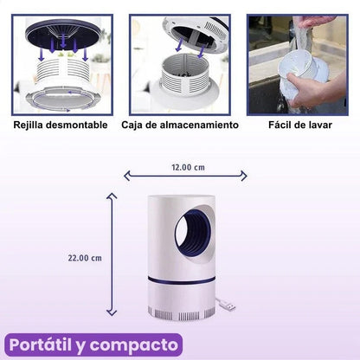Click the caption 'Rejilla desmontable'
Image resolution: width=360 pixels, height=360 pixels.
point(61,125)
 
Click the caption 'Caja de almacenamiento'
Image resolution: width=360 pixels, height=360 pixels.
point(180,125)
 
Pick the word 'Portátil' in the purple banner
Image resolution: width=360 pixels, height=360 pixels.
point(45,344)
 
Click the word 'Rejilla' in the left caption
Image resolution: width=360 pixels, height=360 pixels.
point(31,125)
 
